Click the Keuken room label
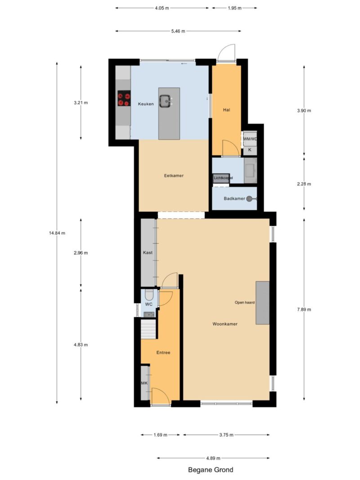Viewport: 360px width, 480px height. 146,104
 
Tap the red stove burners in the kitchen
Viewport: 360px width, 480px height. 124,99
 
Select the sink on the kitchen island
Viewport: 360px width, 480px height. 166,101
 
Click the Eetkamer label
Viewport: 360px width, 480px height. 174,176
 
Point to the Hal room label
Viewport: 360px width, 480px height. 226,110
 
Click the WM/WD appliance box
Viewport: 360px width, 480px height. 250,139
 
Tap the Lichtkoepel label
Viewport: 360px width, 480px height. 223,178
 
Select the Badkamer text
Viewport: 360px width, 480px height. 234,199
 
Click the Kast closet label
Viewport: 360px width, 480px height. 148,252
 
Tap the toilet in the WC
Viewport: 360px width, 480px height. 149,295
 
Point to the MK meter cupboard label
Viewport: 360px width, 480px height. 144,383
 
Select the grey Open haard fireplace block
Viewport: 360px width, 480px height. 262,303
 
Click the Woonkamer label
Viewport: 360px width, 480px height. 225,324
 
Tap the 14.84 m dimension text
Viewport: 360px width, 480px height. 57,233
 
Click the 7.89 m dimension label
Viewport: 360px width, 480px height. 304,310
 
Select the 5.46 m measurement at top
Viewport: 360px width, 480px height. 178,31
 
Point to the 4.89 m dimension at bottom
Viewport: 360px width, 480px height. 213,458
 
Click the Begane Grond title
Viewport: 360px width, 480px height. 211,470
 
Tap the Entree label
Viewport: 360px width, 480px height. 163,353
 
